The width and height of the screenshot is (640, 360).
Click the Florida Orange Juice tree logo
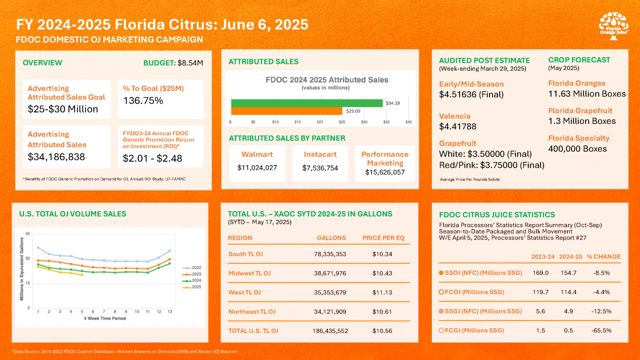(613, 26)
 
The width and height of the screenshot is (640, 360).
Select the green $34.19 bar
(307, 103)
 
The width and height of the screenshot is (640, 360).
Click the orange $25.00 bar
(287, 111)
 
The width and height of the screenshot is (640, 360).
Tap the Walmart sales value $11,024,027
(257, 168)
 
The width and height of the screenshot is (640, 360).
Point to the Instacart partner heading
(320, 154)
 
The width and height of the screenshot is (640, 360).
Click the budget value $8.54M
(190, 63)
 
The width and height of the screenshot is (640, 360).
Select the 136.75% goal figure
(143, 100)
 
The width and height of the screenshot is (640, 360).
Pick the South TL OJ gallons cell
(330, 254)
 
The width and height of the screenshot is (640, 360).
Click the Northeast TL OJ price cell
(382, 312)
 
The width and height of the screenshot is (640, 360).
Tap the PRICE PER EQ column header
(383, 238)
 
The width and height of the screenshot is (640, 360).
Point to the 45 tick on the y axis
(28, 234)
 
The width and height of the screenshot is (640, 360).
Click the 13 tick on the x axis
(170, 312)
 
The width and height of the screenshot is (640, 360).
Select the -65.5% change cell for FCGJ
(601, 330)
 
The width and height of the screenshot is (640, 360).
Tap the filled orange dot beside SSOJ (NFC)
(441, 273)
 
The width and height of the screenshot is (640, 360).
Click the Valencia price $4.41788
(458, 127)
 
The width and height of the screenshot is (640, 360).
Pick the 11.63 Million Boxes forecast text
(587, 94)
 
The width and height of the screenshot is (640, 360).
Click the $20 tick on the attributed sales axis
(320, 122)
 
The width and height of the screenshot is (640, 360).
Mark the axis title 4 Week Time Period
(105, 318)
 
